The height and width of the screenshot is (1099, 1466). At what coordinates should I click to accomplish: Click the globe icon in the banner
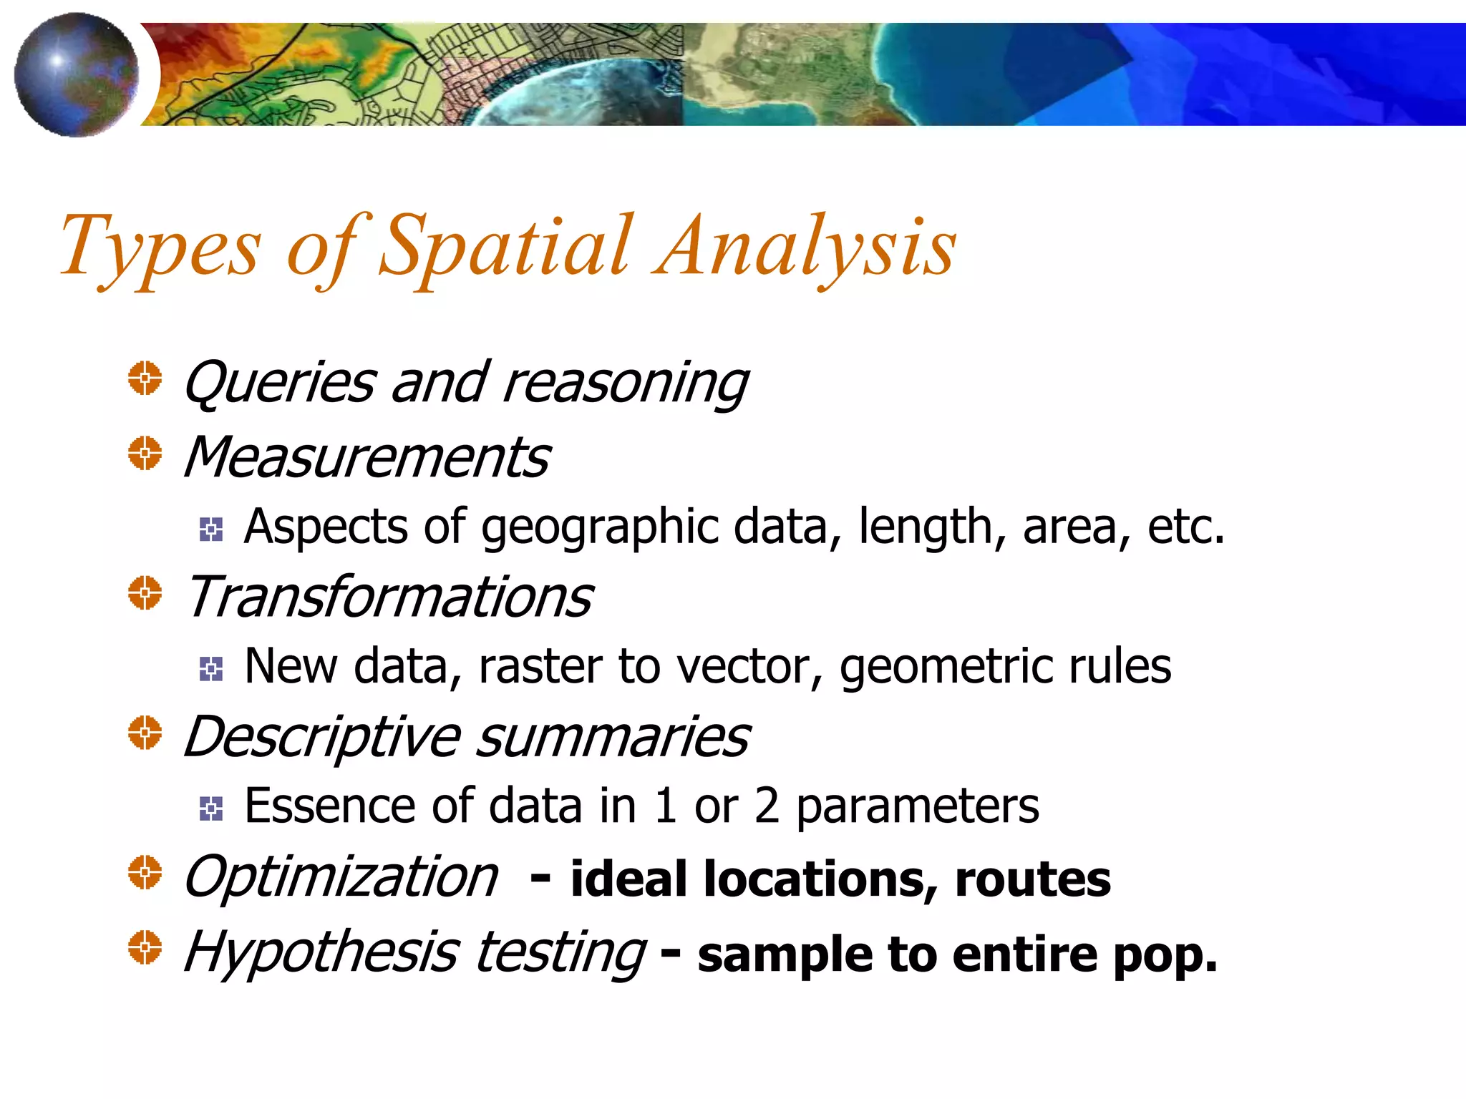pyautogui.click(x=77, y=74)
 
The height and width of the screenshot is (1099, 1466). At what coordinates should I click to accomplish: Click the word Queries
pyautogui.click(x=279, y=384)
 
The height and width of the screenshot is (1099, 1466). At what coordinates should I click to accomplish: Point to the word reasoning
pyautogui.click(x=626, y=384)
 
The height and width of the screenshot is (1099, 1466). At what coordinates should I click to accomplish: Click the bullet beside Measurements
pyautogui.click(x=145, y=454)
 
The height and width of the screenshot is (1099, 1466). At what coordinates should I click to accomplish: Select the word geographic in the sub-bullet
pyautogui.click(x=600, y=528)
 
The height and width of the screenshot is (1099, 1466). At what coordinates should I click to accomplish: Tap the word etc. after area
pyautogui.click(x=1185, y=528)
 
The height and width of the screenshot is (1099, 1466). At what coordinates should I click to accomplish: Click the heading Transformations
pyautogui.click(x=389, y=597)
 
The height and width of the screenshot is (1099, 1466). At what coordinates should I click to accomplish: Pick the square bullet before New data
pyautogui.click(x=211, y=669)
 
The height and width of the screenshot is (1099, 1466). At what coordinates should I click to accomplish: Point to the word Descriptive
pyautogui.click(x=322, y=737)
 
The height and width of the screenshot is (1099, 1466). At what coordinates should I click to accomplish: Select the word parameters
pyautogui.click(x=918, y=807)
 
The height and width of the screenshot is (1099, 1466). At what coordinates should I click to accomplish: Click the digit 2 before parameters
pyautogui.click(x=767, y=806)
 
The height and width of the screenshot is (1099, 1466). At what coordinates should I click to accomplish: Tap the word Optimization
pyautogui.click(x=341, y=877)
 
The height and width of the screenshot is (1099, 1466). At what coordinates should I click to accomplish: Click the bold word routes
pyautogui.click(x=1032, y=879)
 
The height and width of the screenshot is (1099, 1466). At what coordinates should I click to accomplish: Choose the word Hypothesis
pyautogui.click(x=321, y=953)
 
